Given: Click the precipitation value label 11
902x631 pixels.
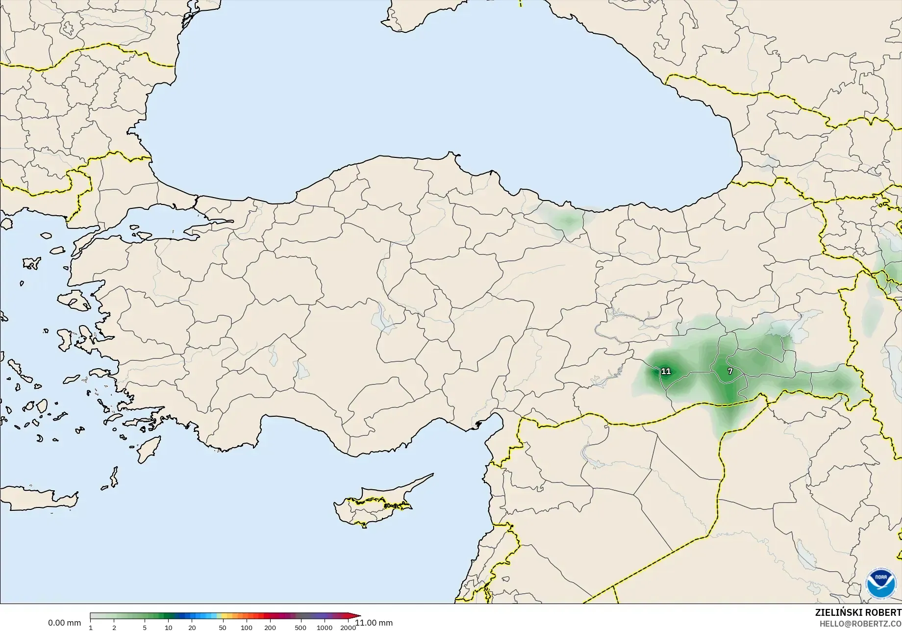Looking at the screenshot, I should click(x=666, y=371).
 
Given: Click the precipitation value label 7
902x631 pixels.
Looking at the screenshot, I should click(x=730, y=371).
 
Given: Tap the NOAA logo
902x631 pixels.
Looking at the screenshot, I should click(x=881, y=583).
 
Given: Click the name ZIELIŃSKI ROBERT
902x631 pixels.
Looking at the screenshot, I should click(x=858, y=612).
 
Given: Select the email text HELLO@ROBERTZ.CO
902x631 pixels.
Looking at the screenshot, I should click(x=861, y=624).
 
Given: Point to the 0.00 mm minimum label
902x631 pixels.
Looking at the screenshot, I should click(x=64, y=623).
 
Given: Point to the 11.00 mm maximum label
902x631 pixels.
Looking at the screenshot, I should click(x=374, y=623).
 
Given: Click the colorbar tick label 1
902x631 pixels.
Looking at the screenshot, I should click(x=91, y=628).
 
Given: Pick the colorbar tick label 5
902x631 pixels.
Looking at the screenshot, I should click(x=145, y=628).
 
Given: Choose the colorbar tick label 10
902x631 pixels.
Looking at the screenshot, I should click(x=168, y=628).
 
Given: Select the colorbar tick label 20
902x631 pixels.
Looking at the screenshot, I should click(x=192, y=628).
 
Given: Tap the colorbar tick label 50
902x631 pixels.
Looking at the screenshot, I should click(x=223, y=628).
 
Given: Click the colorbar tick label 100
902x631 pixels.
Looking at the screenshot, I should click(x=247, y=628).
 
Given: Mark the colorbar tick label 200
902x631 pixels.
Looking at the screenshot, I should click(x=270, y=628).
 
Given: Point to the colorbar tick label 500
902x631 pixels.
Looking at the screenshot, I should click(x=301, y=628).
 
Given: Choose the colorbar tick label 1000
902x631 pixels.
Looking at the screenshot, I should click(x=325, y=628).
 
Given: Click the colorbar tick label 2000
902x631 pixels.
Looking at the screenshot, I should click(x=348, y=628).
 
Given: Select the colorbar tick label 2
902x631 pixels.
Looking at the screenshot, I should click(x=114, y=628).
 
